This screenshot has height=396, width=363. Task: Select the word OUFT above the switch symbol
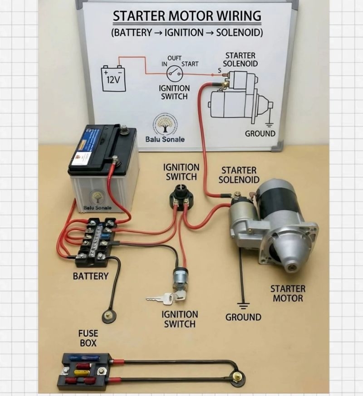[x=175, y=58]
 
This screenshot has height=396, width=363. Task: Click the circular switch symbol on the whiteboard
[x=174, y=72]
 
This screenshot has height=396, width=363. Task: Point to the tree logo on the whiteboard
[x=165, y=123]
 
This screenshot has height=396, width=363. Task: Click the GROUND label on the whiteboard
[x=260, y=133]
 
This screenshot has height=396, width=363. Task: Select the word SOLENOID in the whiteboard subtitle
[x=239, y=33]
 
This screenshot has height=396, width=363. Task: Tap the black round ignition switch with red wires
[x=181, y=196]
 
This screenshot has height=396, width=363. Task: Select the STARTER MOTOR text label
[x=288, y=293]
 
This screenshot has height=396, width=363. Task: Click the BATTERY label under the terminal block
[x=91, y=276]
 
